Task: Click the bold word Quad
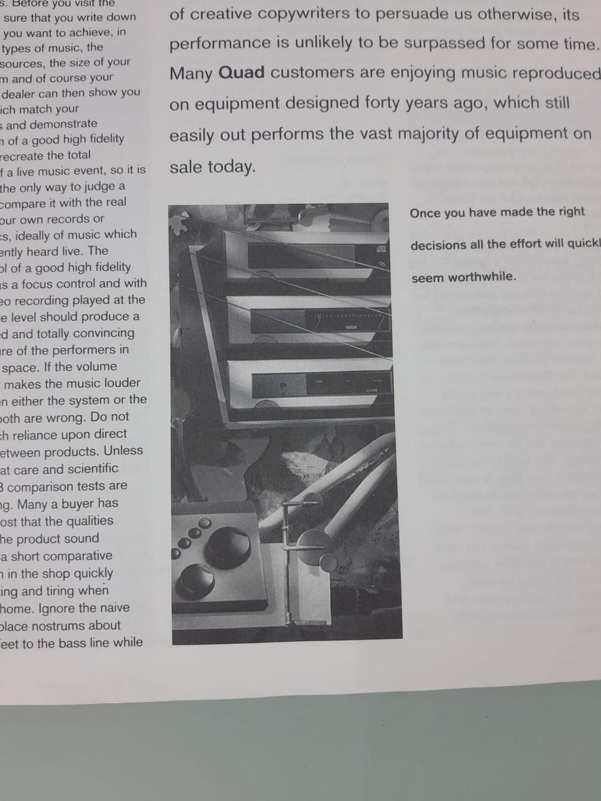[241, 73]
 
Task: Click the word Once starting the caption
[424, 213]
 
